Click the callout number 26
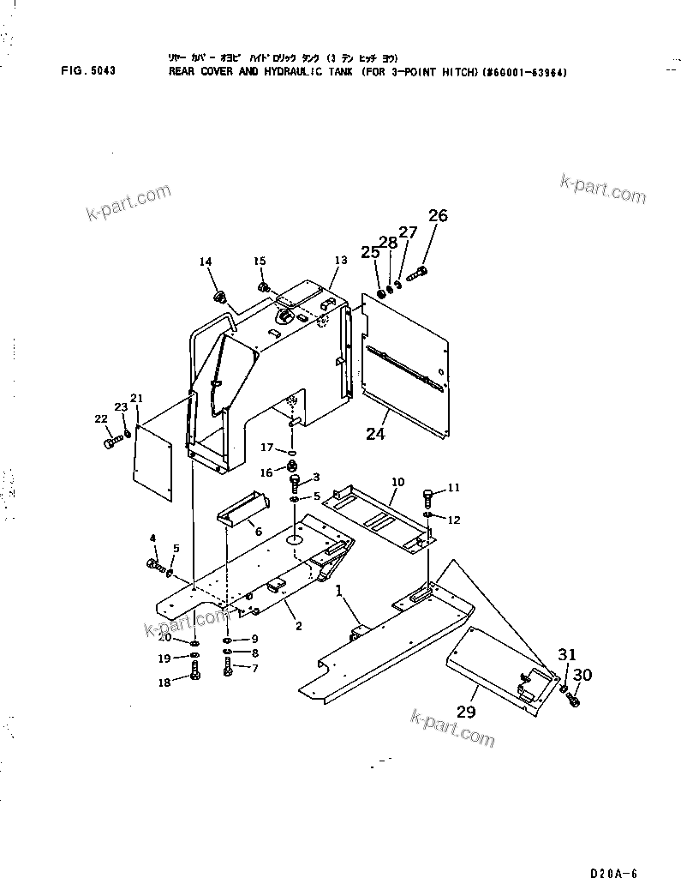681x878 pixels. [x=437, y=216]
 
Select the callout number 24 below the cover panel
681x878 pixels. [x=375, y=435]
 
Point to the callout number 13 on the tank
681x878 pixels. [x=340, y=260]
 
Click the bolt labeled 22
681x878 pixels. [x=112, y=442]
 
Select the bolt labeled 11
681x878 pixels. [x=428, y=496]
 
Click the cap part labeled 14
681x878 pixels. [x=220, y=298]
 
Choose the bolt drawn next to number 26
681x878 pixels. [x=417, y=274]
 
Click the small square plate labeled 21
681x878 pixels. [x=153, y=460]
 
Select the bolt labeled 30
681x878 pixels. [x=574, y=700]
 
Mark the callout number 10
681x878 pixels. [x=397, y=482]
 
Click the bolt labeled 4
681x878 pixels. [x=154, y=565]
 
